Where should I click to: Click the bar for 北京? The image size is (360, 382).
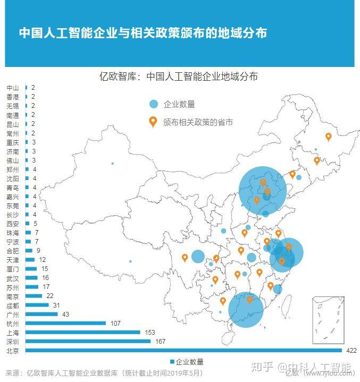[183, 350]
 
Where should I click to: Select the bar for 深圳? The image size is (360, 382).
[88, 341]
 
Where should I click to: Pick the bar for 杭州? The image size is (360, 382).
[65, 323]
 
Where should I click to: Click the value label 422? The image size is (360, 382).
[350, 350]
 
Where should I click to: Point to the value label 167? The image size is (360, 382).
[161, 341]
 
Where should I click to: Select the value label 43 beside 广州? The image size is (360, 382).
[66, 314]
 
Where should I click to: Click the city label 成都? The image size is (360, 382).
[12, 305]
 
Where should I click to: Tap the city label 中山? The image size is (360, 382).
[12, 88]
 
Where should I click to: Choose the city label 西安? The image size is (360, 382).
[12, 224]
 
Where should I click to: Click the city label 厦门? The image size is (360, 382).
[12, 269]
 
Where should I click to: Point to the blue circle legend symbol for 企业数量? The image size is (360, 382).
[154, 104]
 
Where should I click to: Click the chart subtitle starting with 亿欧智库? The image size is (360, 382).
[179, 77]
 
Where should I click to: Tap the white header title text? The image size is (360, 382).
[143, 33]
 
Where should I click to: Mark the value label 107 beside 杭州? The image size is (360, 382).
[115, 323]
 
